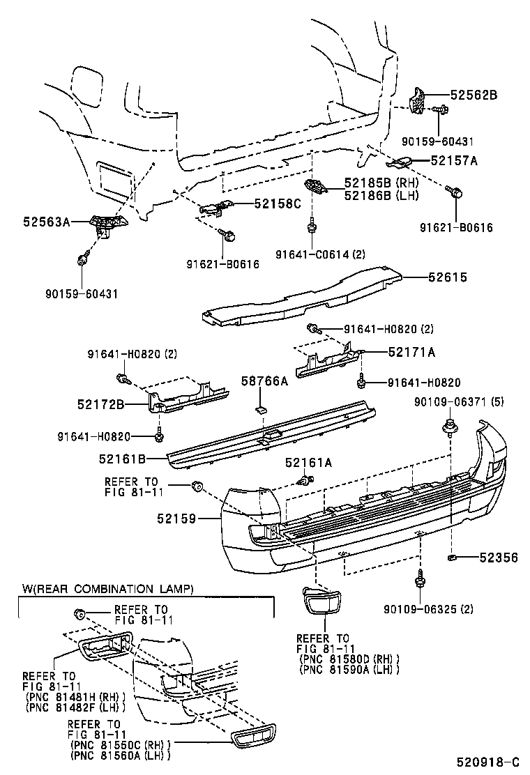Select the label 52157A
[x=454, y=160]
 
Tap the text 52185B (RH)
[x=380, y=183]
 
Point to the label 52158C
[x=277, y=204]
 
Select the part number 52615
[x=448, y=277]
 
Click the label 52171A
[x=411, y=353]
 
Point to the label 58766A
[x=264, y=381]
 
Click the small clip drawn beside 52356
[x=453, y=558]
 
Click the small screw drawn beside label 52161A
[x=304, y=479]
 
